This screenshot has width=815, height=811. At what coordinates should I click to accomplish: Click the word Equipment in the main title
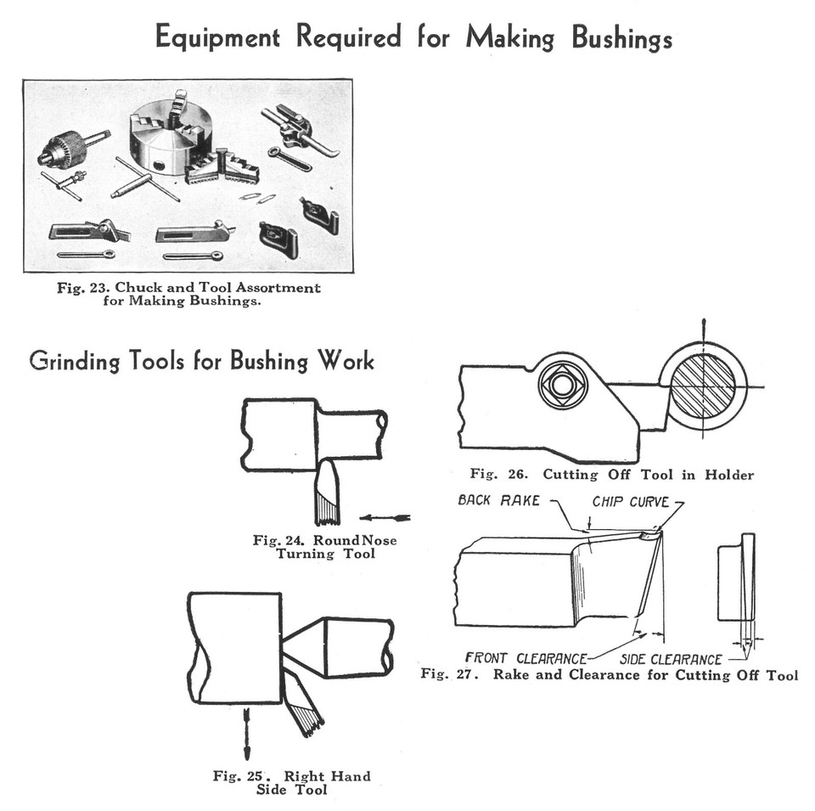click(218, 37)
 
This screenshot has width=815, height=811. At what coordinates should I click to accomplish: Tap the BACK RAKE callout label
click(498, 500)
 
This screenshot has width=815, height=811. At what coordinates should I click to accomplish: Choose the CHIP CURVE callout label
click(630, 501)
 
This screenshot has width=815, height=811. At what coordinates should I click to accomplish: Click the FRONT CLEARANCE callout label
click(526, 658)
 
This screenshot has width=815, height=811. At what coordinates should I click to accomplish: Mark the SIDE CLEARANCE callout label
click(671, 659)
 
